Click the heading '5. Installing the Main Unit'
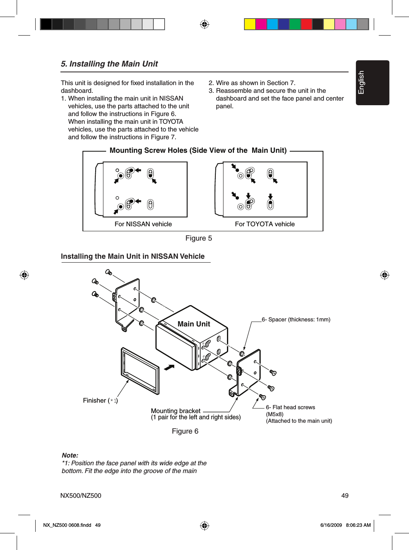[x=109, y=64]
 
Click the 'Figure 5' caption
[x=199, y=238]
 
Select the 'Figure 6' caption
[x=185, y=431]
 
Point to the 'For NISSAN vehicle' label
[x=143, y=224]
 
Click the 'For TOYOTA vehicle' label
[x=265, y=224]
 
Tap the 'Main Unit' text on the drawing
[x=194, y=324]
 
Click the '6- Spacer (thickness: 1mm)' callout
[x=296, y=319]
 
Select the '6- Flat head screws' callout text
[x=290, y=407]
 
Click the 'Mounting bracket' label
[x=175, y=411]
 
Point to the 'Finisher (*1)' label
[x=100, y=401]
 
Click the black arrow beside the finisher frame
[x=169, y=367]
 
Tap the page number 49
[x=345, y=496]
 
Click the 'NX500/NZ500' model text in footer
[x=81, y=496]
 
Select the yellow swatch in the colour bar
[x=250, y=24]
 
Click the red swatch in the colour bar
[x=306, y=24]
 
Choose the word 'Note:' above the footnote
[x=70, y=455]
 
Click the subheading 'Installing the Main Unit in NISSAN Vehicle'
[x=132, y=256]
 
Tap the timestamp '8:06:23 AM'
[x=358, y=525]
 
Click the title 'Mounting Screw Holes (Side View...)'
[x=198, y=150]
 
